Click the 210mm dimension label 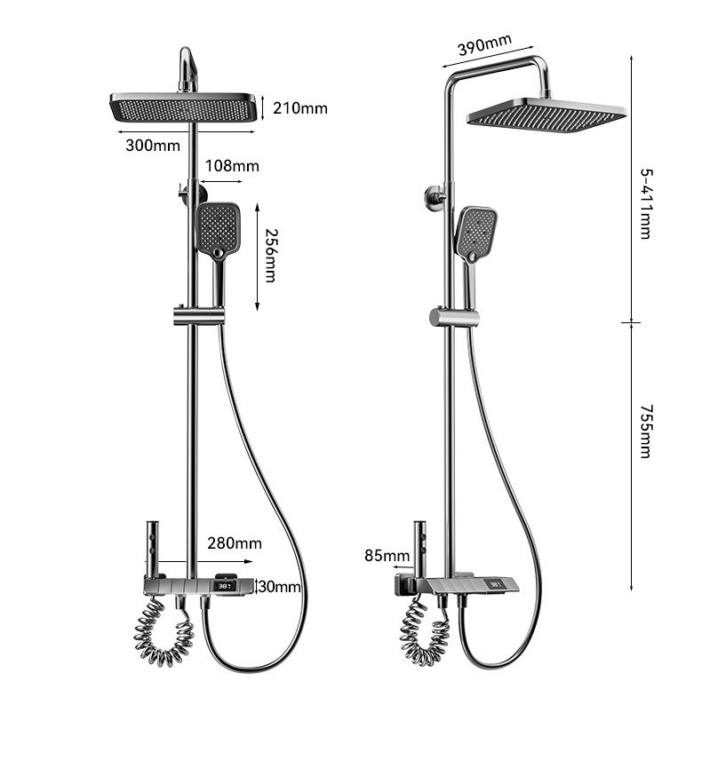coord(300,108)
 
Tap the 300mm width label coord(153,146)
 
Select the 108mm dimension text coord(232,166)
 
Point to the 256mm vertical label coord(270,256)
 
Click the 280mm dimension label coord(235,543)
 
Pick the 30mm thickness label coord(279,587)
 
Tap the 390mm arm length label coord(484,44)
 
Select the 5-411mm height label coord(646,204)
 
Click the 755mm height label coord(646,432)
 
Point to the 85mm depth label coord(387,556)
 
